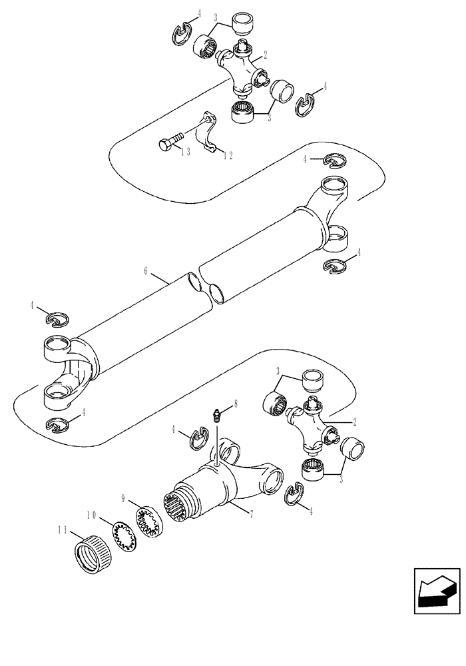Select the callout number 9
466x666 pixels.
(124, 498)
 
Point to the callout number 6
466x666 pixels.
(146, 272)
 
